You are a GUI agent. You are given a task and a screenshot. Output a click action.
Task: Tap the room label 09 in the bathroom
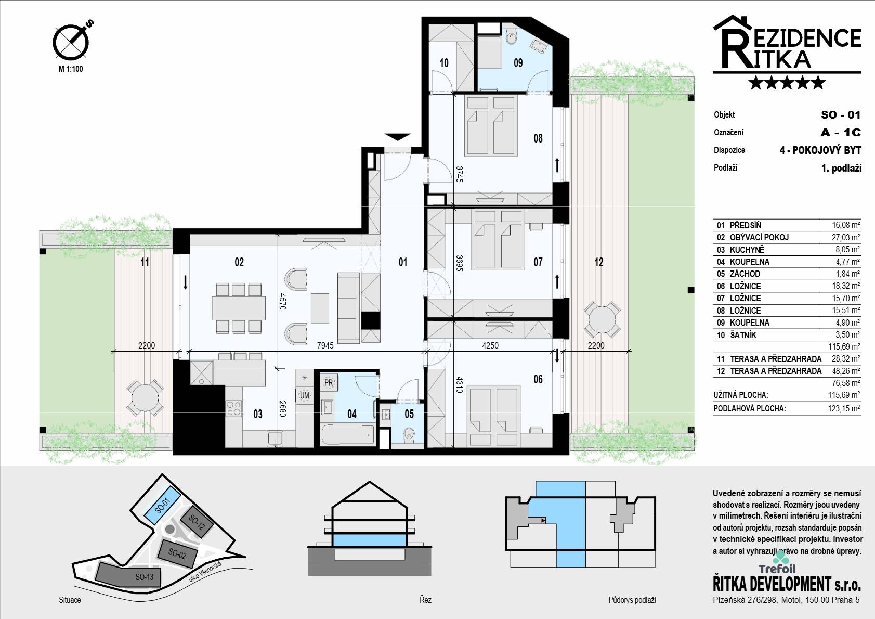(x=518, y=63)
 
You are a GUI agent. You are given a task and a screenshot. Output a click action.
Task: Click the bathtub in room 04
(x=348, y=434)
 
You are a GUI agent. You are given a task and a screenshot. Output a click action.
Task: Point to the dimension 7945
(x=325, y=345)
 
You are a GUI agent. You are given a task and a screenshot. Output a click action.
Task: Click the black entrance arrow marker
(x=398, y=137)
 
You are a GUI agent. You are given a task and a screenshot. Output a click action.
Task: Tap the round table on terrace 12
(x=602, y=320)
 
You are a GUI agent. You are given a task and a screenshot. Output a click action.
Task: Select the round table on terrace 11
(x=144, y=398)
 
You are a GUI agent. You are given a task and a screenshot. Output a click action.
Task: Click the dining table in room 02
(x=239, y=308)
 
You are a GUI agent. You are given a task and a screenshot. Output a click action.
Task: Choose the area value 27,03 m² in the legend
(x=846, y=238)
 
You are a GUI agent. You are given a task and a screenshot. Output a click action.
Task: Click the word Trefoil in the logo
(x=777, y=569)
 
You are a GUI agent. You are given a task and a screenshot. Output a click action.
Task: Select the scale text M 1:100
(x=71, y=69)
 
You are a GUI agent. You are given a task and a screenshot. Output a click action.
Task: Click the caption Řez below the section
(x=425, y=600)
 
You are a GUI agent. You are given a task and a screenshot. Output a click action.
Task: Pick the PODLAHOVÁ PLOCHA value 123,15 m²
(x=844, y=409)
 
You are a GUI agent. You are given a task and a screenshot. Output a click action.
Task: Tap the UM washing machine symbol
(x=304, y=395)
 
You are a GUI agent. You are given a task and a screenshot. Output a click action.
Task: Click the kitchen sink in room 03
(x=275, y=439)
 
